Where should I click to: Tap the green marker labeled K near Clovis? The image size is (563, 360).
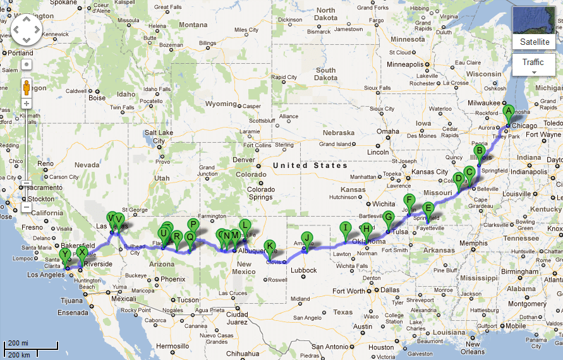point(270,246)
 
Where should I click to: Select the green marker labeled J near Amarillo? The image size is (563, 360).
point(307,237)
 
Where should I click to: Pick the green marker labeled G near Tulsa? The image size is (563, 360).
point(389,217)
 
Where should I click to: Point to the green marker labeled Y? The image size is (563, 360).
point(64,255)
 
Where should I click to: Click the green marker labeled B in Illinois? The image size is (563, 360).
point(480,150)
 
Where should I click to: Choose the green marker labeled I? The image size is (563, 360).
point(345,228)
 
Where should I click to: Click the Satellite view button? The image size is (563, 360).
point(535,42)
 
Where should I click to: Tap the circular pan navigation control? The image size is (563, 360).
point(26,28)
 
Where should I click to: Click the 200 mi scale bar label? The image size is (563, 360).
point(17,343)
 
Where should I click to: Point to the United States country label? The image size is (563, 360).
point(310,165)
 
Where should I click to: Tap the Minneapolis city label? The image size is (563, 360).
point(409,65)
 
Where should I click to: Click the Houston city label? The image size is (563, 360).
point(382,347)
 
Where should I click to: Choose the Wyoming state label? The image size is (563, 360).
point(221,104)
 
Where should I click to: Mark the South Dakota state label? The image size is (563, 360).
point(325,74)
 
